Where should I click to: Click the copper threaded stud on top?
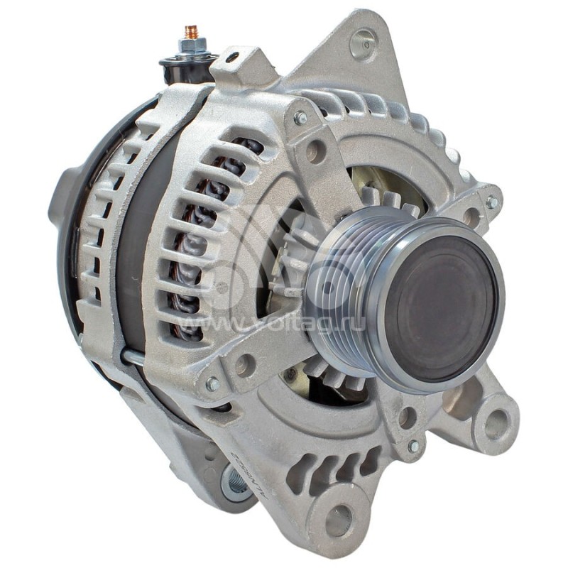coord(190,33)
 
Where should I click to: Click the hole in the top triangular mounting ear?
coord(363,44)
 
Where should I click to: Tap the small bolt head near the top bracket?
coord(300,118)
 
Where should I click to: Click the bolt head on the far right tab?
coord(491,202)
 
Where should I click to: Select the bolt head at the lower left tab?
coord(212,383)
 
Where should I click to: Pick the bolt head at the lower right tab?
coord(413,447)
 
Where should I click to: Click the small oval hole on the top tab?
coord(232,58)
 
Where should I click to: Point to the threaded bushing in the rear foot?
coord(233,482)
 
